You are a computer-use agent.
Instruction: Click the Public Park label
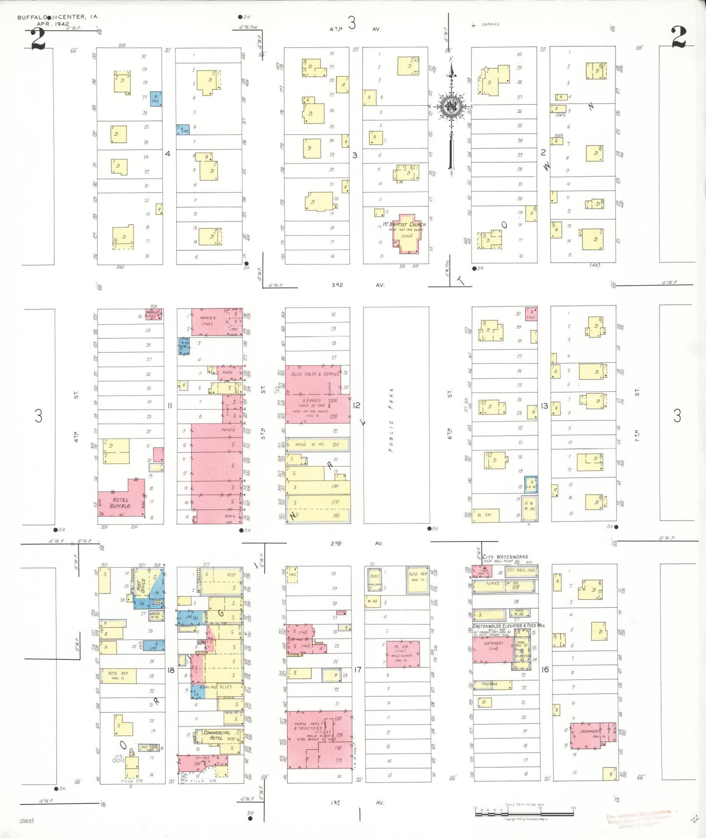click(391, 419)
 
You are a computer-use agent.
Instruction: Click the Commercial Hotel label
click(216, 735)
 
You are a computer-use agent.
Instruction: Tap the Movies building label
click(208, 320)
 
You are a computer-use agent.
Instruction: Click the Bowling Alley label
click(215, 687)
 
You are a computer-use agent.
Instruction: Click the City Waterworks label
click(505, 557)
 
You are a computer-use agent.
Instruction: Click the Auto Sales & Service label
click(315, 374)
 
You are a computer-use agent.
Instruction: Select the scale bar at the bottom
click(524, 814)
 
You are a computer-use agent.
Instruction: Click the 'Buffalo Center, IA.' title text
click(58, 17)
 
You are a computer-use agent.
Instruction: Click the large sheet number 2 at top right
click(679, 36)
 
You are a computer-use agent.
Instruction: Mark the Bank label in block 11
click(230, 516)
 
